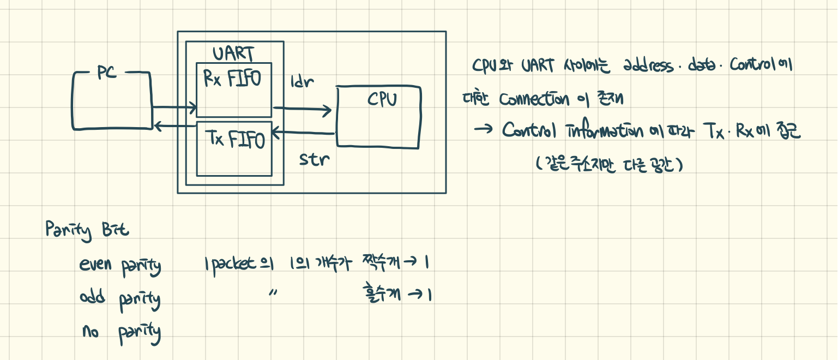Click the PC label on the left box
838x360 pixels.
107,74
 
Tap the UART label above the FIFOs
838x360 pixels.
233,54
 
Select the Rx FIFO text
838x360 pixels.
232,79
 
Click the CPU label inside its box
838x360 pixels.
382,100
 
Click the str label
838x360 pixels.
315,160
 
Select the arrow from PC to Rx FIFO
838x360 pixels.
174,108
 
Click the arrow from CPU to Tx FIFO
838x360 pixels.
303,133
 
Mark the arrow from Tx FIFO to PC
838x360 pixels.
174,127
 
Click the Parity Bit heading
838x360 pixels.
87,231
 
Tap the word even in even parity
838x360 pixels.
96,266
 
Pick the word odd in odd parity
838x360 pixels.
93,299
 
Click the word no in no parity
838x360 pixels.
91,330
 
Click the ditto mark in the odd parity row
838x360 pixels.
273,293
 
